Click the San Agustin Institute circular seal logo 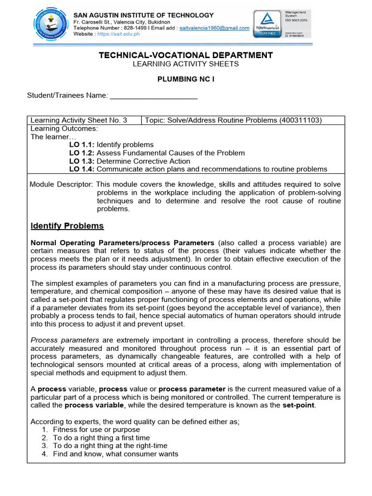click(47, 23)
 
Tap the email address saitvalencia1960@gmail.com click(215, 28)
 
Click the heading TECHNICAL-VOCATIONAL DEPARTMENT click(186, 55)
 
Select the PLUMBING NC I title click(186, 79)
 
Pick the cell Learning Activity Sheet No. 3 click(79, 120)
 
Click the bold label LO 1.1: click(82, 144)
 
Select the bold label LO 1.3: click(82, 161)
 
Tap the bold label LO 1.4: click(82, 169)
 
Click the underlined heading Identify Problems click(67, 226)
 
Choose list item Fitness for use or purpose click(96, 430)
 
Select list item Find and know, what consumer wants click(115, 454)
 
